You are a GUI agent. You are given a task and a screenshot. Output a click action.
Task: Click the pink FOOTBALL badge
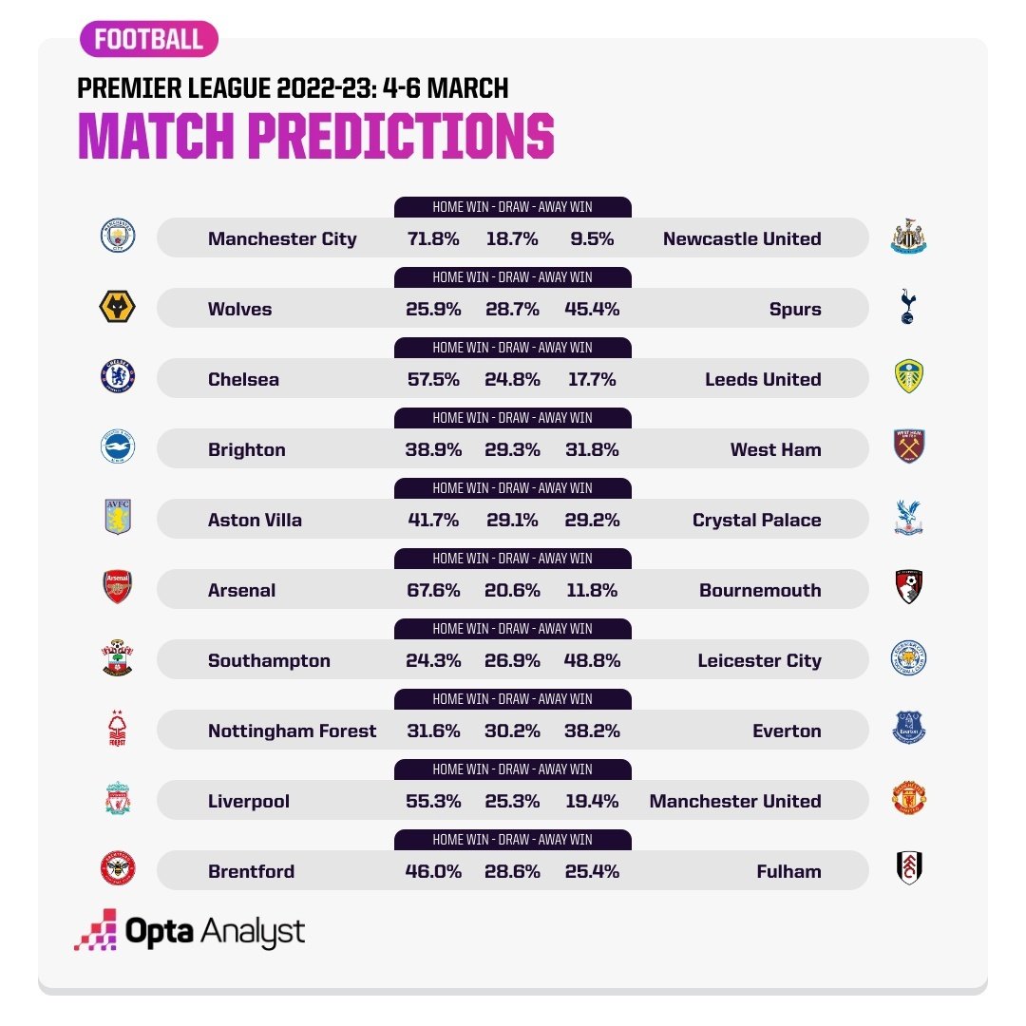[x=148, y=39]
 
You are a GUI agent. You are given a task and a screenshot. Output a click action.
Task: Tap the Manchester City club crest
[x=118, y=236]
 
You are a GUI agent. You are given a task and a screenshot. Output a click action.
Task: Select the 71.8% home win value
[x=433, y=238]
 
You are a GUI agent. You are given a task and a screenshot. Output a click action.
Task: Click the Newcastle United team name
[x=742, y=238]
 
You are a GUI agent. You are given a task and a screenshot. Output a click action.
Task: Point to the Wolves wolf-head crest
[x=118, y=306]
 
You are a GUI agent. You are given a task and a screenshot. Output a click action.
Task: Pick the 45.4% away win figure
[x=592, y=309]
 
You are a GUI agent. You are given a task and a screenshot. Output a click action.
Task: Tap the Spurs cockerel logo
[x=908, y=306]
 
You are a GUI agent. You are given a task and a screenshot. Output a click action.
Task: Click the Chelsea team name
[x=243, y=379]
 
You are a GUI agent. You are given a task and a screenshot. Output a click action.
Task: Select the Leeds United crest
[x=909, y=376]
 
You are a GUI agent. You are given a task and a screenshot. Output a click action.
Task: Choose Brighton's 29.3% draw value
[x=512, y=449]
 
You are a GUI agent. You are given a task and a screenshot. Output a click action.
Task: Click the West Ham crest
[x=909, y=446]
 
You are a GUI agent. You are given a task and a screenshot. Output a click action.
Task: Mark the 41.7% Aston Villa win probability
[x=433, y=521]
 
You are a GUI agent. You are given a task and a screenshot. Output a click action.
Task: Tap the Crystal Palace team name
[x=757, y=521]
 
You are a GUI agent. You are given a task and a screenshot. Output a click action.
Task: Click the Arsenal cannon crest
[x=118, y=587]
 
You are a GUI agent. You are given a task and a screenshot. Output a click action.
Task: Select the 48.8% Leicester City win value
[x=592, y=661]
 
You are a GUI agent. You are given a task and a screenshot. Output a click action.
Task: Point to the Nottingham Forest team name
[x=292, y=731]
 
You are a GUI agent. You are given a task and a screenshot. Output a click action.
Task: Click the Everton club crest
[x=909, y=728]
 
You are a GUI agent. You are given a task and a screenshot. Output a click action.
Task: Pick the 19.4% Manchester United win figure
[x=592, y=801]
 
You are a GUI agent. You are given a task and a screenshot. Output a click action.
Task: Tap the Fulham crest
[x=909, y=868]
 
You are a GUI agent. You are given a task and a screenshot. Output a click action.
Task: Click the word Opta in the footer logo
[x=159, y=932]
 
